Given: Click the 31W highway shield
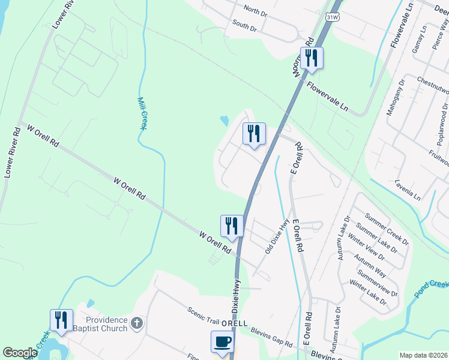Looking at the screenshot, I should pos(333,17).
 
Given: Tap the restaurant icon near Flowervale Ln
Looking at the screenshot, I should pos(312,58).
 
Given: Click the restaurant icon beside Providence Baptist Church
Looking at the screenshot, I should pos(61,320).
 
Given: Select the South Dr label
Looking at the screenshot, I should pos(245,25).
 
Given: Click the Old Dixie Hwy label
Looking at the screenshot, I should pos(277,236).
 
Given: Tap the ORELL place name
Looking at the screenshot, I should pos(234,323).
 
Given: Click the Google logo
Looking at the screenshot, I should pos(20,353).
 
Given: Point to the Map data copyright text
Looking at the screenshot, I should pos(423,355).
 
